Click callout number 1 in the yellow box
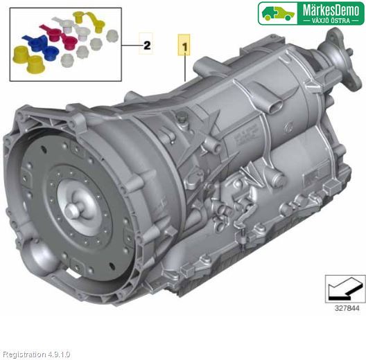184,47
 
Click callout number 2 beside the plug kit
147,46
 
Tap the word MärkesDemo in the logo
331,10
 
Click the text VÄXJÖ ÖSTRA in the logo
331,21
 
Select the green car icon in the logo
278,13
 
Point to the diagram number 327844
347,308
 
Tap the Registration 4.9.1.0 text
37,354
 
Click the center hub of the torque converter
72,209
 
